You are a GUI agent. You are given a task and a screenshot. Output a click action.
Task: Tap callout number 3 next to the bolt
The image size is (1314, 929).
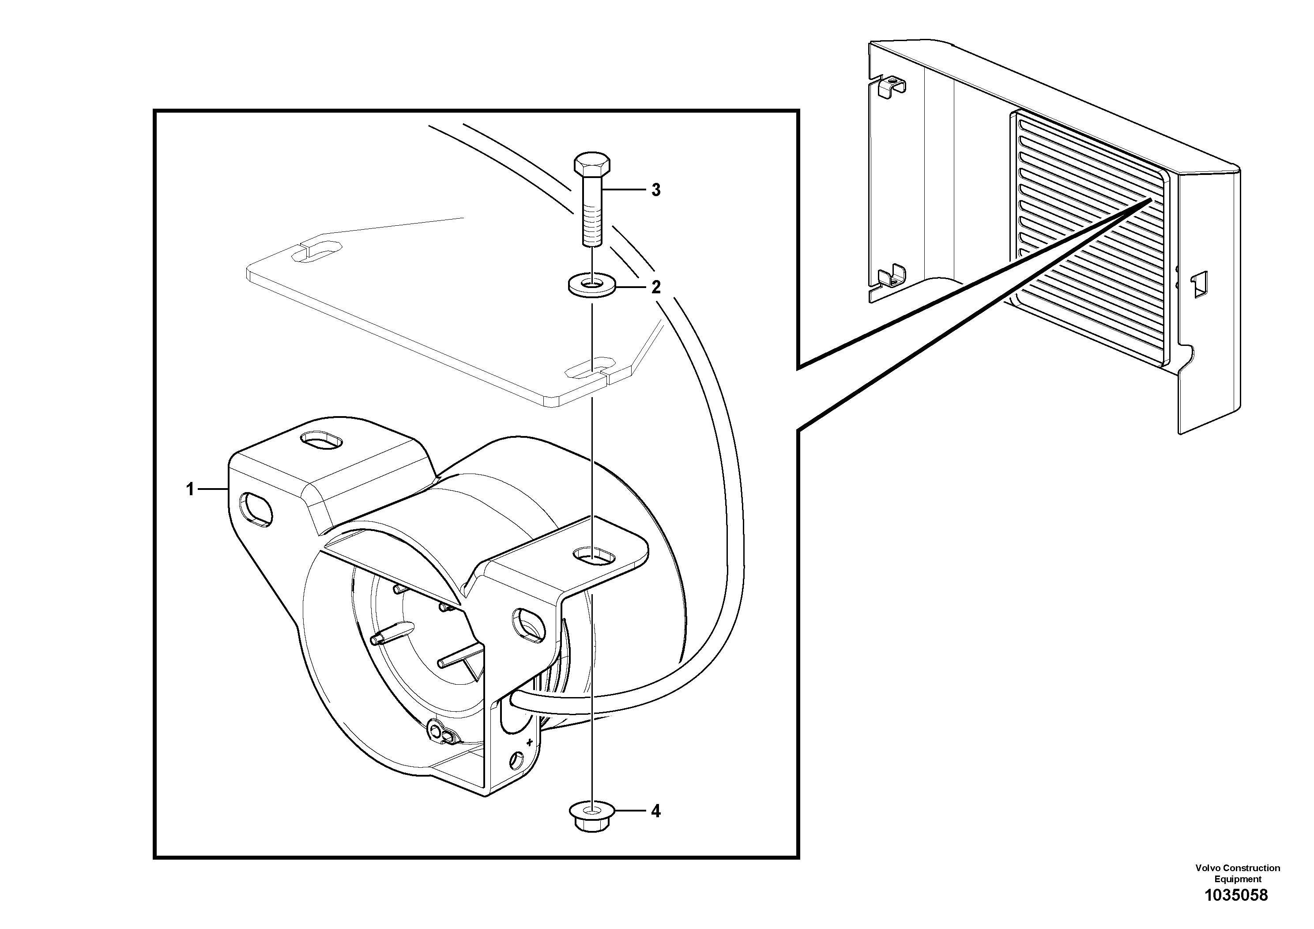click(x=656, y=190)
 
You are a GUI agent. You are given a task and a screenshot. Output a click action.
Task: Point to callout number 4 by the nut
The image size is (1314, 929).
click(x=656, y=811)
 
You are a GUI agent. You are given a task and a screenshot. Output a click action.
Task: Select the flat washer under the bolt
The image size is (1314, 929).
click(x=592, y=284)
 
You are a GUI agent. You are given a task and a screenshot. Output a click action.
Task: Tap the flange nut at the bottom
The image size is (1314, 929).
click(x=592, y=817)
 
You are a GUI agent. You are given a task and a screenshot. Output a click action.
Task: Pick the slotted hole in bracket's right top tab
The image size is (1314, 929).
click(x=594, y=554)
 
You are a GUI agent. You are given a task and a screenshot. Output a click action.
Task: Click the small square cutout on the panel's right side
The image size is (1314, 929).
click(x=1198, y=284)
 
